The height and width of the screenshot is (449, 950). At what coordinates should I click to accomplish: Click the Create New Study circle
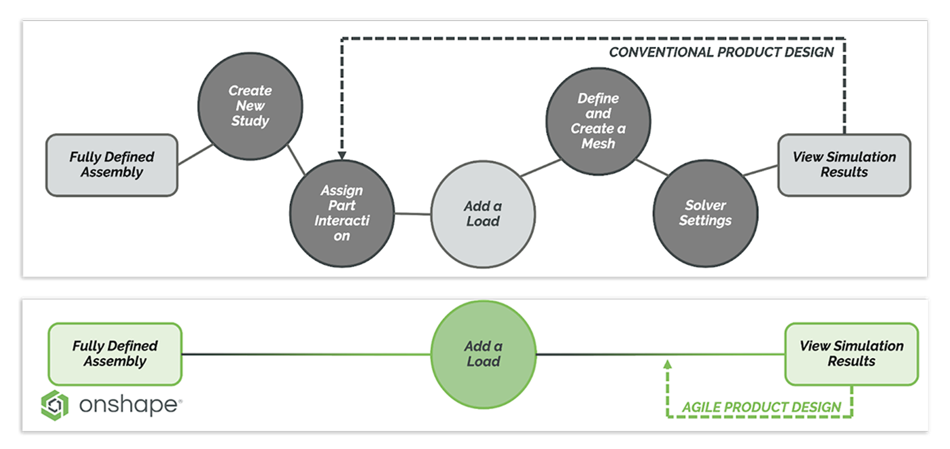[x=250, y=106]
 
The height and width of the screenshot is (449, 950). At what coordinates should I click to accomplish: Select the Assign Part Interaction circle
[x=341, y=213]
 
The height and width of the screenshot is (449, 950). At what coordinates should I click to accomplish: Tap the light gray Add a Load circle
[x=483, y=214]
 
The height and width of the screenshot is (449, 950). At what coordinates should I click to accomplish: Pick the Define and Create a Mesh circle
[x=598, y=121]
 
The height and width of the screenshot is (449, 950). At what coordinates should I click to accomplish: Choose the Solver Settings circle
[x=705, y=213]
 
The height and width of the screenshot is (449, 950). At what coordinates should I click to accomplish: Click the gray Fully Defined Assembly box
[x=112, y=165]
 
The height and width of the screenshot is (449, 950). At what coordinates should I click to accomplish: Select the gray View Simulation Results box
[x=844, y=165]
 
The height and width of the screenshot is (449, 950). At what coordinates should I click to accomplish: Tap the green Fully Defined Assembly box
[x=115, y=354]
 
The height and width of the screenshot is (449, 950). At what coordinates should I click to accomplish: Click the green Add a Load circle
[x=483, y=354]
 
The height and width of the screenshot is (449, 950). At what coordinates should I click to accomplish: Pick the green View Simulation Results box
[x=851, y=354]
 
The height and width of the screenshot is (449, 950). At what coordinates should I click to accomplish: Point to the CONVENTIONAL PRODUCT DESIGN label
[x=721, y=52]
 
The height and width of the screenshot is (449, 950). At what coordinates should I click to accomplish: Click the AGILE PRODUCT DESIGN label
[x=761, y=407]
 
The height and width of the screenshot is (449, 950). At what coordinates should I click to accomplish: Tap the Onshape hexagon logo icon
[x=55, y=405]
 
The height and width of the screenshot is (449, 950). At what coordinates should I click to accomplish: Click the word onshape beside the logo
[x=128, y=405]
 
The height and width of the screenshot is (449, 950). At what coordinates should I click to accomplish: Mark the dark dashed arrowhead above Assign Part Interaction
[x=342, y=154]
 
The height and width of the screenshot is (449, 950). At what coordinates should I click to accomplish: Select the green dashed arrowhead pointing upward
[x=667, y=364]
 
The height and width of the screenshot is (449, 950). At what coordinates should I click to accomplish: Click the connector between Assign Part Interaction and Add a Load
[x=413, y=213]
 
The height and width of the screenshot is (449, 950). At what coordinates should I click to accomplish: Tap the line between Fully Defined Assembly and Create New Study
[x=195, y=154]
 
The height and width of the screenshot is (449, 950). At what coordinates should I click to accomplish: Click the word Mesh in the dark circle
[x=598, y=144]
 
